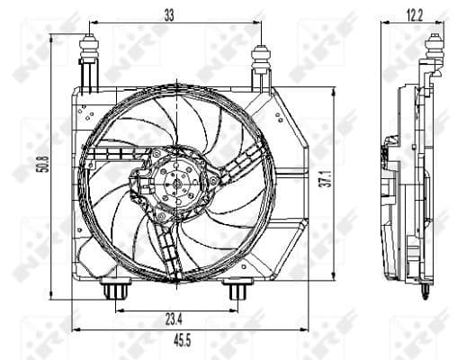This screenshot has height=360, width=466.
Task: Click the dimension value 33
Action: pyautogui.click(x=168, y=13)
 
